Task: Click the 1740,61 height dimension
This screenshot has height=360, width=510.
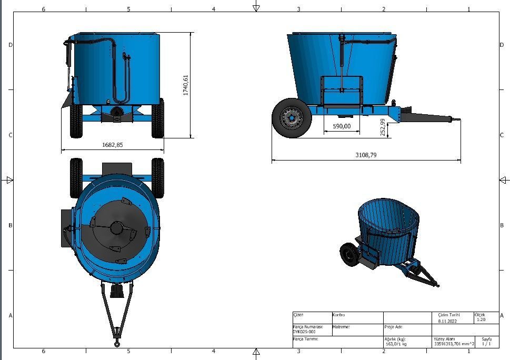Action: coord(185,85)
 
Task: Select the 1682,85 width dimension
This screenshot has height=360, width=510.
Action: coord(112,145)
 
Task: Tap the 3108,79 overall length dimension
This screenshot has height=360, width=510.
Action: coord(366,155)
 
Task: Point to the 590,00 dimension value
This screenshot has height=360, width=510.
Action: coord(342,126)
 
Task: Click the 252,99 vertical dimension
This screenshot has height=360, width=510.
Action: coord(383,127)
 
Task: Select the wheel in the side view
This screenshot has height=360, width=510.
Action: coord(292,118)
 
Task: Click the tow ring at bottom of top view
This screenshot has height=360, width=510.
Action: coord(117,344)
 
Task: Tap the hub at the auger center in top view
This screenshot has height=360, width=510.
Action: coord(116,228)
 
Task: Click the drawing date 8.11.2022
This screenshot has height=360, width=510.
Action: coord(447,321)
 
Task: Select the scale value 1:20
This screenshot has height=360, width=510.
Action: coord(481,319)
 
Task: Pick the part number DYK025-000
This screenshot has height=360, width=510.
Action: coord(304,332)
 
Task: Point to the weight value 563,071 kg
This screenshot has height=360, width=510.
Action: coord(395,344)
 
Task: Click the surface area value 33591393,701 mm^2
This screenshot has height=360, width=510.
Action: coord(454,344)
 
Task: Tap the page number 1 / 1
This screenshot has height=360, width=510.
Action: coord(486,344)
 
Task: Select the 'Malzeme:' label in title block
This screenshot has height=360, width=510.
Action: coord(341,327)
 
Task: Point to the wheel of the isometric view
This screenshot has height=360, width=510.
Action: coord(348,254)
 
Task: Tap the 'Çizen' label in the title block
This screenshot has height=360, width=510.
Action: coord(298,315)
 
